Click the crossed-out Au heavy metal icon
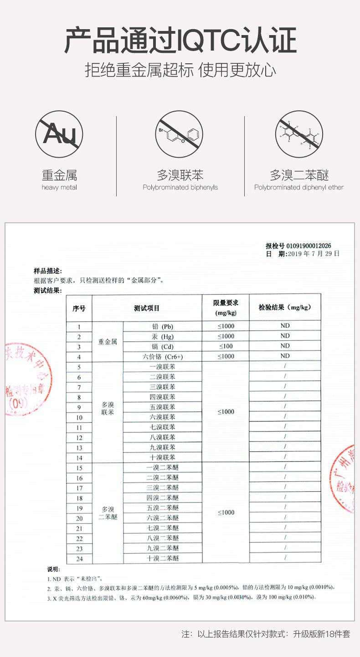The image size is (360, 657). pyautogui.click(x=59, y=134)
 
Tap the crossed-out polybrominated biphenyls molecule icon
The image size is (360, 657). pyautogui.click(x=180, y=134)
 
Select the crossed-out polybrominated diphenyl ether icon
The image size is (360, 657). pyautogui.click(x=299, y=134)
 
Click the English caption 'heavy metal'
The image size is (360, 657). pyautogui.click(x=59, y=187)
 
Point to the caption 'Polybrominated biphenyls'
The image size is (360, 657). pyautogui.click(x=180, y=187)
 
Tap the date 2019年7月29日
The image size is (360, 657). pyautogui.click(x=314, y=254)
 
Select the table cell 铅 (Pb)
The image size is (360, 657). pyautogui.click(x=163, y=326)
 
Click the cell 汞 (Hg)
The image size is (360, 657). pyautogui.click(x=163, y=337)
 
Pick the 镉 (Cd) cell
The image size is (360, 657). pyautogui.click(x=163, y=347)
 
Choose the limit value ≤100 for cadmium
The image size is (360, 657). pyautogui.click(x=226, y=346)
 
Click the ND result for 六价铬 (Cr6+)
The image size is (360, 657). pyautogui.click(x=285, y=356)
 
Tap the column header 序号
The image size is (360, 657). pyautogui.click(x=79, y=308)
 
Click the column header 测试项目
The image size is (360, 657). pyautogui.click(x=147, y=308)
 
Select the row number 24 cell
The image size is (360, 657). pyautogui.click(x=79, y=559)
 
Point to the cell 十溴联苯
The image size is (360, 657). pyautogui.click(x=163, y=457)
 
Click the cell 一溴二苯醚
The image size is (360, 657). pyautogui.click(x=163, y=467)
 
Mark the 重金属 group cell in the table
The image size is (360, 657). pyautogui.click(x=108, y=341)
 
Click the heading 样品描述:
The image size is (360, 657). pyautogui.click(x=47, y=271)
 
